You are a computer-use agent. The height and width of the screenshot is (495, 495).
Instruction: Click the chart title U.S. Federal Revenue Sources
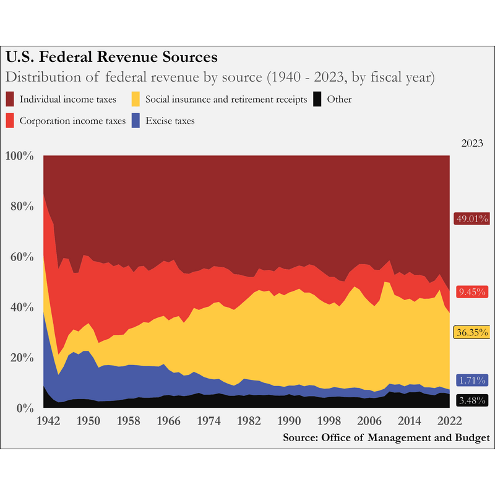click(111, 58)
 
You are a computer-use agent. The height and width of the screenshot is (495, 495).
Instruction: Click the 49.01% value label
click(472, 218)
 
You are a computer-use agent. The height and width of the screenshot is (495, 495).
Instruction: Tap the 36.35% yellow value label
click(472, 332)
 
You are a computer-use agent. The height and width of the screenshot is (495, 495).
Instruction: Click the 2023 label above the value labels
click(472, 142)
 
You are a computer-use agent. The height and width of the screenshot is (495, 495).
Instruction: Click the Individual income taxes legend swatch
click(11, 99)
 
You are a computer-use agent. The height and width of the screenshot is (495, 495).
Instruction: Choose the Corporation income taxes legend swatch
click(11, 121)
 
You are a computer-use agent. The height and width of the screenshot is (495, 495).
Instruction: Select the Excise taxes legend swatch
click(137, 121)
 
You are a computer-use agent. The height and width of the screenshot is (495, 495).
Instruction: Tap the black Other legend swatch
click(318, 99)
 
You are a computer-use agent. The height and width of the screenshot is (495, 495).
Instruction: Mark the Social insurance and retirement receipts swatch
click(137, 99)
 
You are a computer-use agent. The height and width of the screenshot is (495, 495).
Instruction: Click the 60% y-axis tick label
click(22, 257)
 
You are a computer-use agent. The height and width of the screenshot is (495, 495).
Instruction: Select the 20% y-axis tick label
click(22, 358)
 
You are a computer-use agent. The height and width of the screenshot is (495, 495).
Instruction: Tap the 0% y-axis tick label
click(25, 408)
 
